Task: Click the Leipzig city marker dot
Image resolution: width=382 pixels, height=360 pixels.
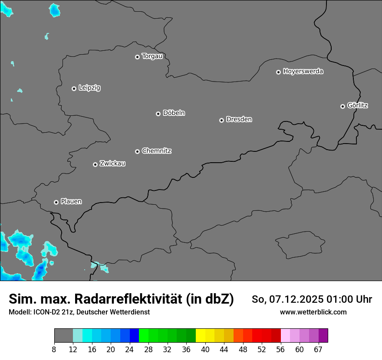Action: point(74,88)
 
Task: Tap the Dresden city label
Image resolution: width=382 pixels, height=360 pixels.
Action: point(239,119)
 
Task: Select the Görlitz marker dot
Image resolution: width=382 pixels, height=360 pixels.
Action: point(342,106)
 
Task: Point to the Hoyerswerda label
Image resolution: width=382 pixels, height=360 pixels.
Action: point(303,72)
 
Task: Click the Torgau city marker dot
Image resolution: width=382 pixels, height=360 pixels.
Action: point(137,57)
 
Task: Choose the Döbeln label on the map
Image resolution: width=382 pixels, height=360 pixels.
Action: point(174,113)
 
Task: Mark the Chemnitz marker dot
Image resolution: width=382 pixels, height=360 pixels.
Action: point(137,151)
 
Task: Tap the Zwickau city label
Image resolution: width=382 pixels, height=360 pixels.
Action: point(112,164)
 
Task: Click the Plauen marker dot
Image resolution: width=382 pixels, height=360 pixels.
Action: point(56,202)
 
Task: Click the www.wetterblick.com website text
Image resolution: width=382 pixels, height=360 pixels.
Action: point(313,312)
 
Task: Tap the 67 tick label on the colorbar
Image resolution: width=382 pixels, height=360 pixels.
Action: point(318,350)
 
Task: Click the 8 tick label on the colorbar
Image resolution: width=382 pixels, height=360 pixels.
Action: point(54,350)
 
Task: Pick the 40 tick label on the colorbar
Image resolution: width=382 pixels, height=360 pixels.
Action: point(205,350)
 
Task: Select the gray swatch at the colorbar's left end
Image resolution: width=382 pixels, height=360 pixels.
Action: point(63,336)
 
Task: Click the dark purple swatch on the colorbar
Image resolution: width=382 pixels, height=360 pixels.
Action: point(323,336)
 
